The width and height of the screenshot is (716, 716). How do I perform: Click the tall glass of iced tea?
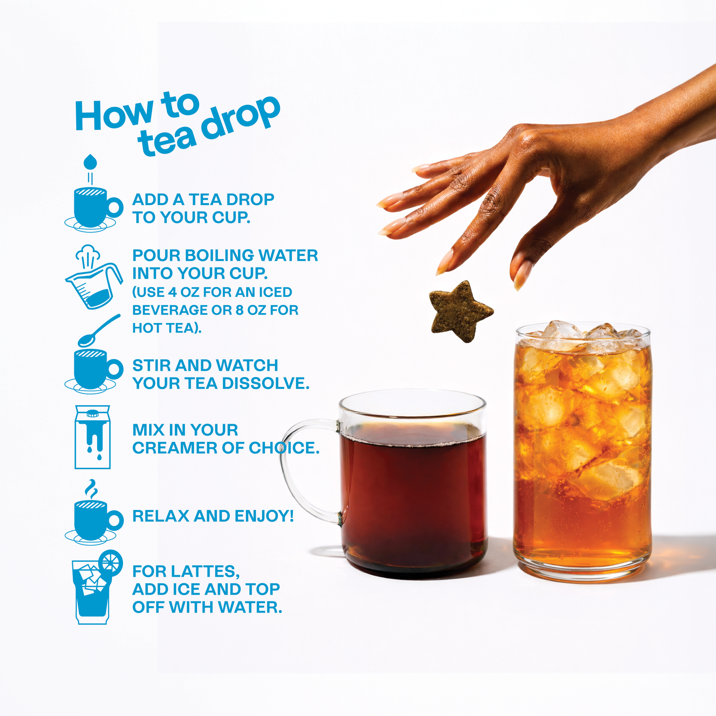pyautogui.click(x=583, y=451)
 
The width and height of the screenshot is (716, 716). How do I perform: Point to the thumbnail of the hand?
pyautogui.click(x=522, y=275)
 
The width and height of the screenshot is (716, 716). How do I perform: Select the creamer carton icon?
pyautogui.click(x=92, y=437)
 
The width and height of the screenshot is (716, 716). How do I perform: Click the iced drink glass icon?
pyautogui.click(x=91, y=592)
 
